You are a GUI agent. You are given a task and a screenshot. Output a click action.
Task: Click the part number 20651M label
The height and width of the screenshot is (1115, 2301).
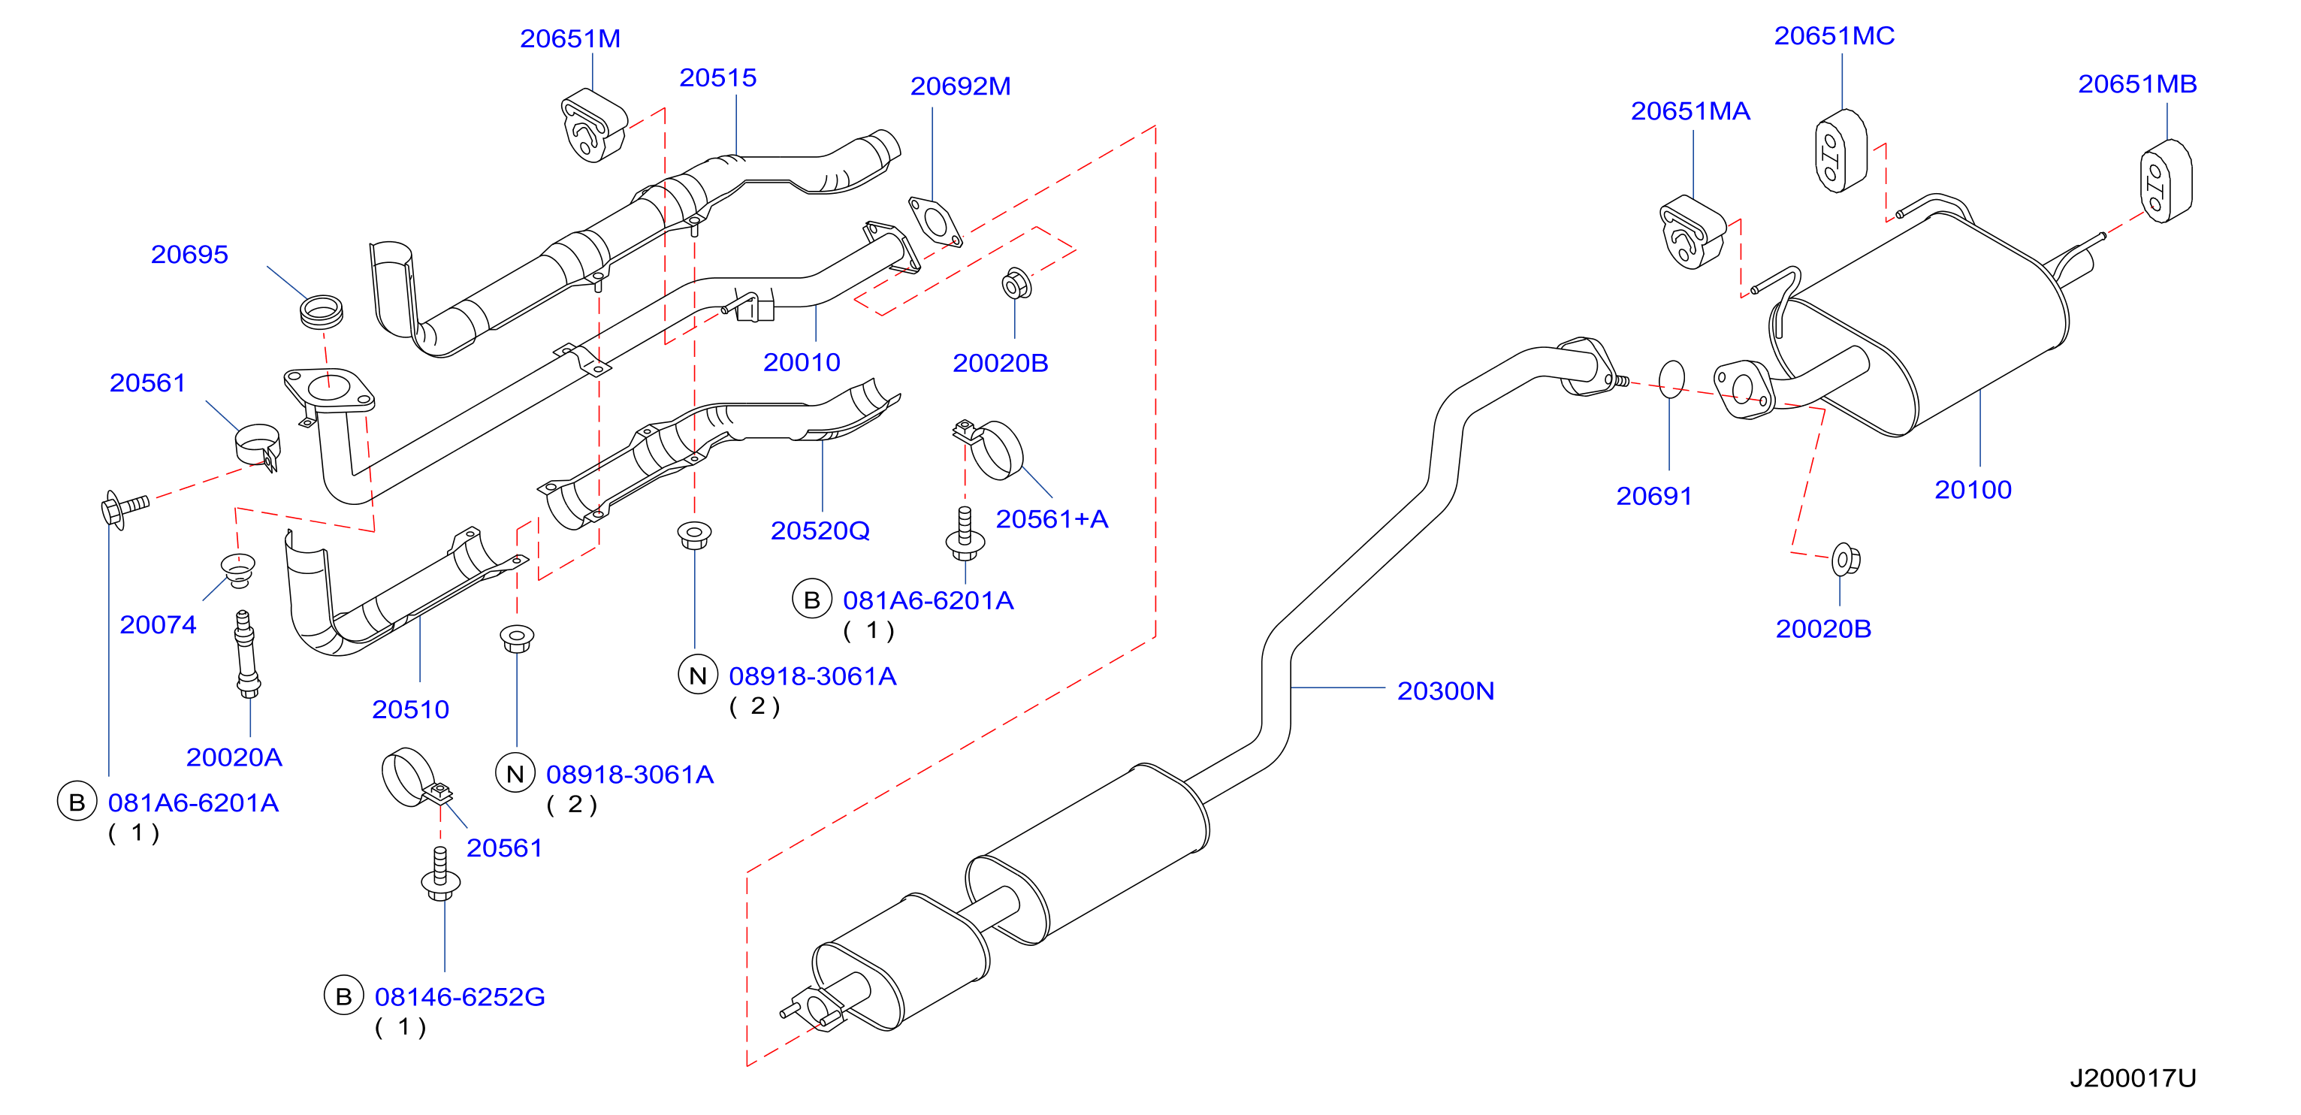(570, 38)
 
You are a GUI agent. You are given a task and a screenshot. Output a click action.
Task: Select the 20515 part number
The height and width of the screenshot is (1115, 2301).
(717, 77)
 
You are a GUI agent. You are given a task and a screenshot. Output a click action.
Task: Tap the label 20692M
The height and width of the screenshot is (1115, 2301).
(960, 86)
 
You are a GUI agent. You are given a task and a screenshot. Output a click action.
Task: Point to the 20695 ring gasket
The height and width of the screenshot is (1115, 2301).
(321, 311)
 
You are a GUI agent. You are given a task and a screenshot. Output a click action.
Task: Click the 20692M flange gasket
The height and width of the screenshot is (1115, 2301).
(935, 222)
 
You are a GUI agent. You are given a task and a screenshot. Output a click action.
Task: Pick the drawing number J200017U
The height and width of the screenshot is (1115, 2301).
(2132, 1077)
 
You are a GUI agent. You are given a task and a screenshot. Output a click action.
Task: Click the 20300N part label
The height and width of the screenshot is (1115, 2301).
(1445, 690)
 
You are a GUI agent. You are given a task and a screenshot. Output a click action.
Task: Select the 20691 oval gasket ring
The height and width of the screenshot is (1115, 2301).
(1671, 378)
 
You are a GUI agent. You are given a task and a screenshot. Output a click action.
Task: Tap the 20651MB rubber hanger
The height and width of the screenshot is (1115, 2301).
(2165, 180)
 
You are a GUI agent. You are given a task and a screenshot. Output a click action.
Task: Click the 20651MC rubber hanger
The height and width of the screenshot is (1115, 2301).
(1841, 150)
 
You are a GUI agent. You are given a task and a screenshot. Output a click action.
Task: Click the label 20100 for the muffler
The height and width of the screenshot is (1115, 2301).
(1972, 490)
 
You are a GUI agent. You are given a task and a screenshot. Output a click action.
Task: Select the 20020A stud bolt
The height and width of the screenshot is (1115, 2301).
(246, 653)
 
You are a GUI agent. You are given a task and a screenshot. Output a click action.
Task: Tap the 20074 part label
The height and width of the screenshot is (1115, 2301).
(157, 624)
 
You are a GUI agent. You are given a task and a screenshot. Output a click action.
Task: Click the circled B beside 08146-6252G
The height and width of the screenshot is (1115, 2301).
(343, 996)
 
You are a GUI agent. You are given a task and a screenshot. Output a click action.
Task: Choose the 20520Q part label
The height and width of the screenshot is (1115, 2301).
(820, 530)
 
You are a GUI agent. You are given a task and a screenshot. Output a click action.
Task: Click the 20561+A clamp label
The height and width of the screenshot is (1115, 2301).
(1052, 519)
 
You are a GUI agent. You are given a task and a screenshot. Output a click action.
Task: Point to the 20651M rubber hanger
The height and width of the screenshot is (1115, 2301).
(594, 125)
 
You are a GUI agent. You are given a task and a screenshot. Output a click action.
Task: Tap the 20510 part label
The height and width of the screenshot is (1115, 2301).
(410, 709)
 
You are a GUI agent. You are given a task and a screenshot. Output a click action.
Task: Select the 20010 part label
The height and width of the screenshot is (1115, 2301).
(802, 362)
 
